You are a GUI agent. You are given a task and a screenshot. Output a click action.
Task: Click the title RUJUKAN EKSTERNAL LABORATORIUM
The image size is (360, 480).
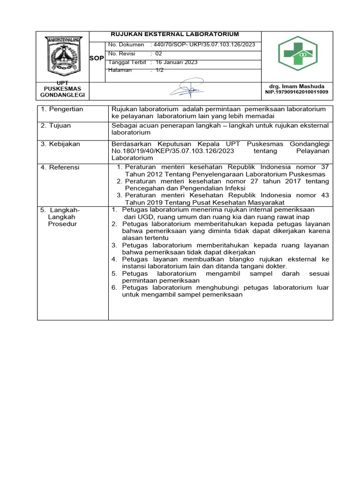(174, 34)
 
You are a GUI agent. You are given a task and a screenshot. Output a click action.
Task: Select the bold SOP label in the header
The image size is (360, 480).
(97, 58)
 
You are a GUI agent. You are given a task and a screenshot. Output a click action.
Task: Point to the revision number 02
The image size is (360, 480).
(158, 53)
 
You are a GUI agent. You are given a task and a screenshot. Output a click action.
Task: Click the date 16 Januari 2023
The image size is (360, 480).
(176, 62)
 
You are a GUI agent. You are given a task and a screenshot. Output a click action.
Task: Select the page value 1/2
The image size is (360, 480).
(159, 70)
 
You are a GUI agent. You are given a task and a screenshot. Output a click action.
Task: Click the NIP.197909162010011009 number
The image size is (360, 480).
(297, 92)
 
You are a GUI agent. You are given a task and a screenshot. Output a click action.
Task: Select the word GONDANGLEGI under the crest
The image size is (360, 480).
(62, 95)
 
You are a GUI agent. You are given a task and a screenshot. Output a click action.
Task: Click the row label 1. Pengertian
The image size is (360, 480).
(62, 109)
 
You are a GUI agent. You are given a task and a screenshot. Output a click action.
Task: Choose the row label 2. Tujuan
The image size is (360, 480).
(56, 126)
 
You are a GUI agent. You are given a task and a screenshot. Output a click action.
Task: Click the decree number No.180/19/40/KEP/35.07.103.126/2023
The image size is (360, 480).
(174, 150)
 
